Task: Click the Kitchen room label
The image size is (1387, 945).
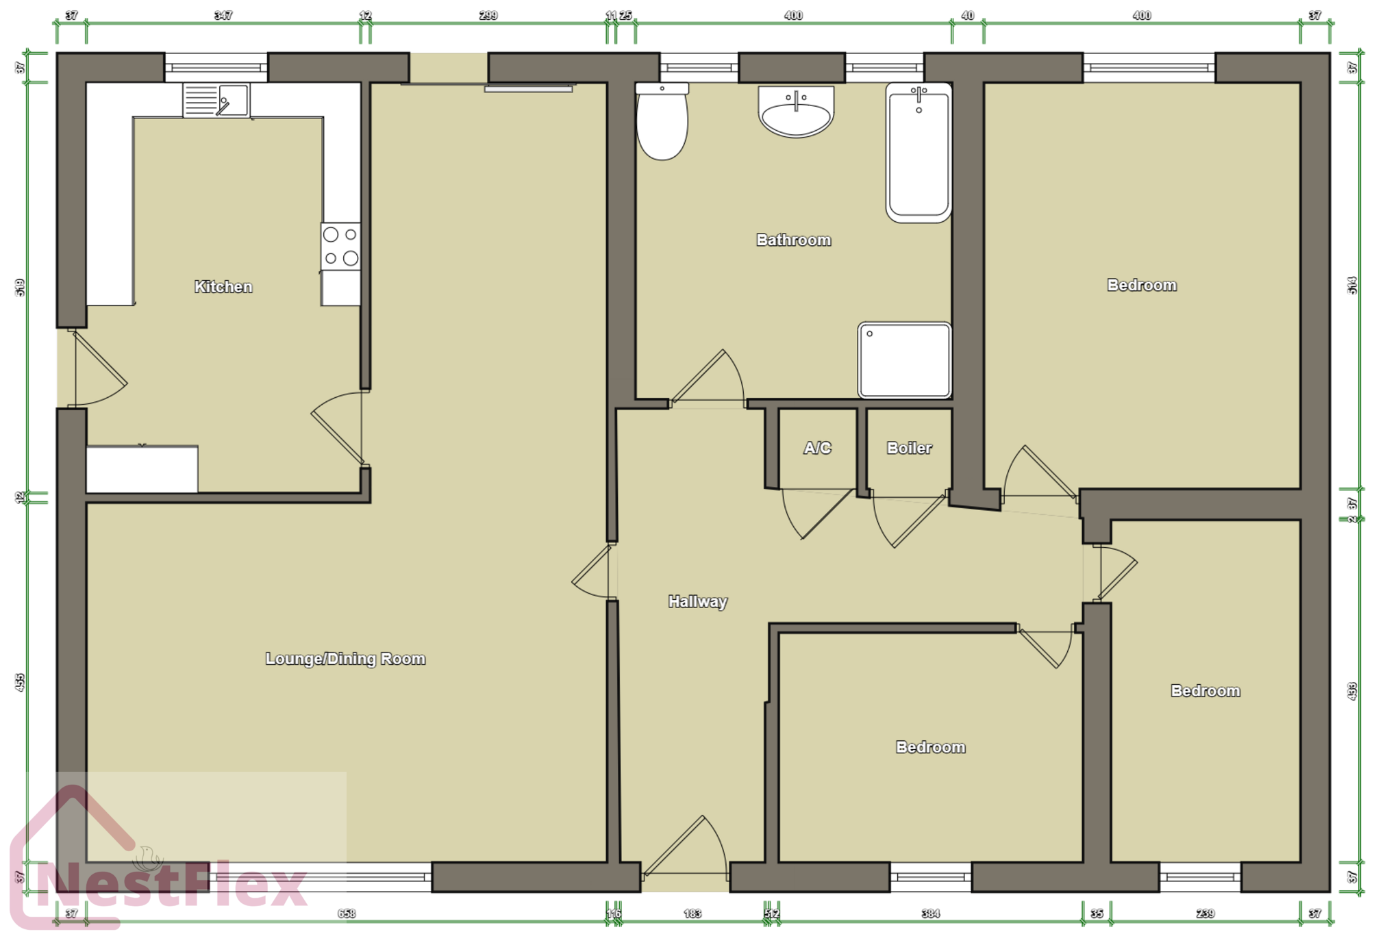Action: point(223,287)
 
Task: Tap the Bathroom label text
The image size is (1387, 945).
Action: point(793,240)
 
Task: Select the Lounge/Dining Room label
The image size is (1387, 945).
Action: point(345,659)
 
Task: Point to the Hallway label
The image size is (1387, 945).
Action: point(697,602)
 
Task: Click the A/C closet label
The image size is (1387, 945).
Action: point(817,449)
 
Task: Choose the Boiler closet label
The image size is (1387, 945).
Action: point(909,449)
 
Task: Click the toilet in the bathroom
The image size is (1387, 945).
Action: point(662,123)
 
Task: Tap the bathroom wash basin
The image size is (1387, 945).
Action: point(796,111)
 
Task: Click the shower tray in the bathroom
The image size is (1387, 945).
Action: point(904,360)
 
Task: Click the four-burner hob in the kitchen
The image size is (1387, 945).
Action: point(340,247)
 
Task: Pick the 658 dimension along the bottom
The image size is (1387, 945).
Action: point(347,914)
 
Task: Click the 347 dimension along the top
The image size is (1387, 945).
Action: point(223,15)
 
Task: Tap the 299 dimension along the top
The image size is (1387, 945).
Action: point(488,15)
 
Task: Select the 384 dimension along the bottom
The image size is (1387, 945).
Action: point(930,914)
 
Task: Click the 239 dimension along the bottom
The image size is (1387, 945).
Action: point(1205,914)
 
